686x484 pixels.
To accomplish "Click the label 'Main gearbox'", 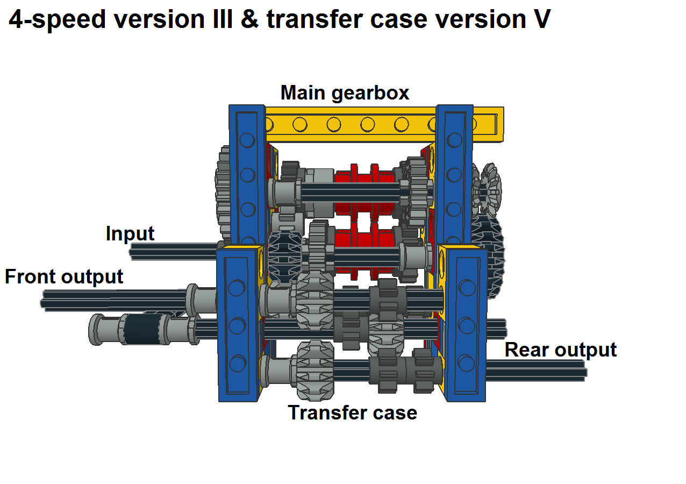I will tap(345, 93).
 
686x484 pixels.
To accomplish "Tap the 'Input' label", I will tap(130, 234).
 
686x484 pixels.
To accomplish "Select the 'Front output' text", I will tap(64, 276).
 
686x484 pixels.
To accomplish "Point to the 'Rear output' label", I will tap(560, 350).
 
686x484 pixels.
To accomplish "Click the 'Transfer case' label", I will tap(353, 412).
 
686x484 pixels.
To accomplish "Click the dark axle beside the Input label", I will tap(172, 251).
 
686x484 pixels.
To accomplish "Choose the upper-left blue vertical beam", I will tap(247, 172).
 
